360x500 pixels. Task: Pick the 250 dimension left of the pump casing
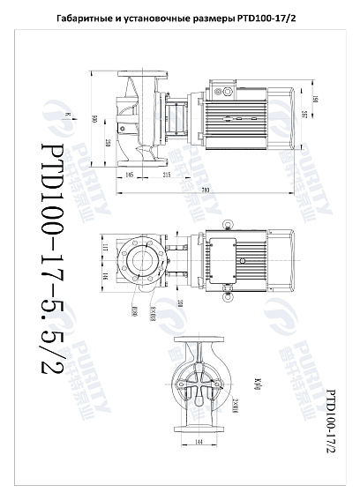point(106,142)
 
